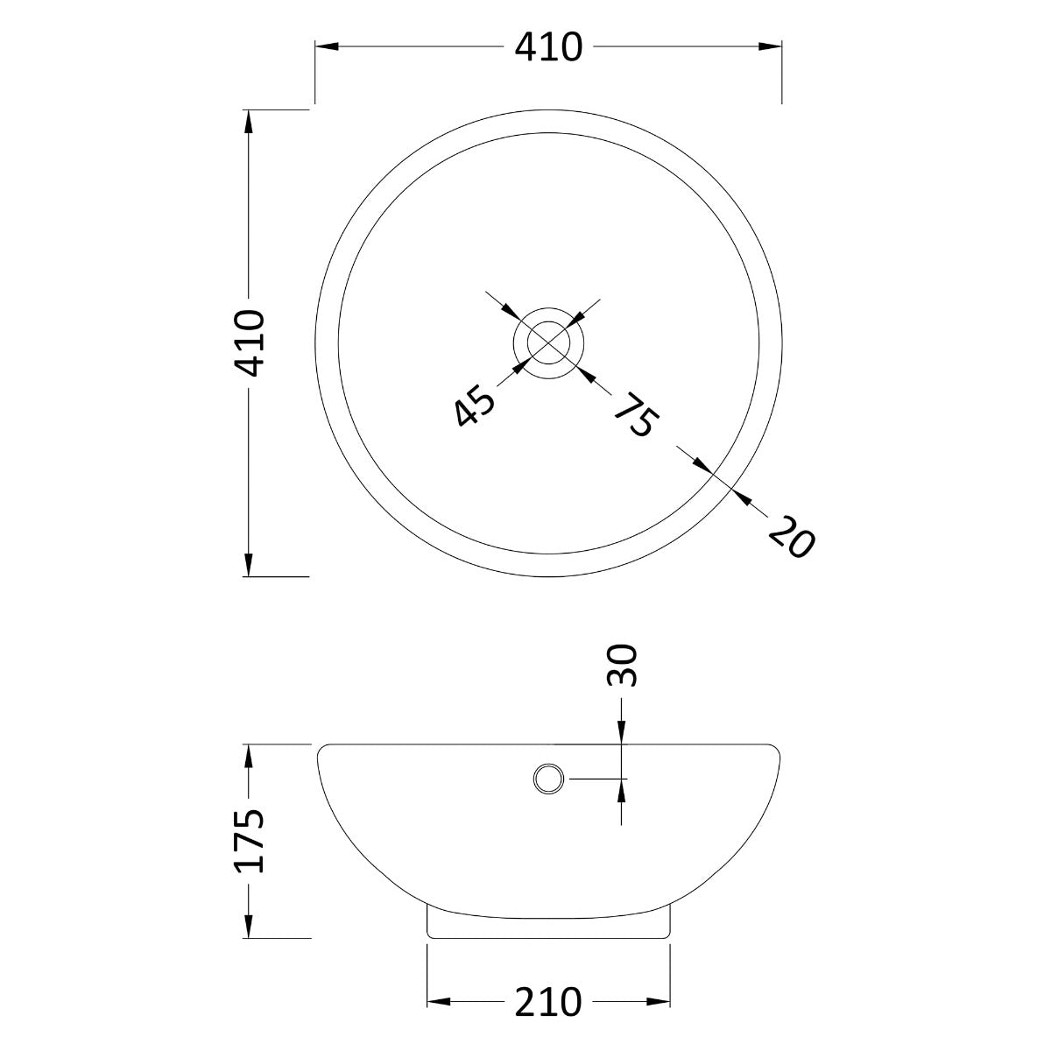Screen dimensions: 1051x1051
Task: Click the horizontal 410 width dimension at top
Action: (x=548, y=46)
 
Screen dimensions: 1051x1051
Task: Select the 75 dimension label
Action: (x=633, y=414)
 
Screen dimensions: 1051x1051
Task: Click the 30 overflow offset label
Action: (x=621, y=666)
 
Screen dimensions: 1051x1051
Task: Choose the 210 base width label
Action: (x=548, y=1001)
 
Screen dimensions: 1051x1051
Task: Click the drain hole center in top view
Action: (x=548, y=342)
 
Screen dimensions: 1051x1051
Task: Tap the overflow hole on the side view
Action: (x=548, y=778)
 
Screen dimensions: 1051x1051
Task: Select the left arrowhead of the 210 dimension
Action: (x=437, y=1001)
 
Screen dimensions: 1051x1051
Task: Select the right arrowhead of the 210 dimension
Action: (x=662, y=1001)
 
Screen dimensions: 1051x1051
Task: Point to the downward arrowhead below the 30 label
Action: (x=621, y=734)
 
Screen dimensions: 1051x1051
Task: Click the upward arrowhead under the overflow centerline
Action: (x=621, y=789)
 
